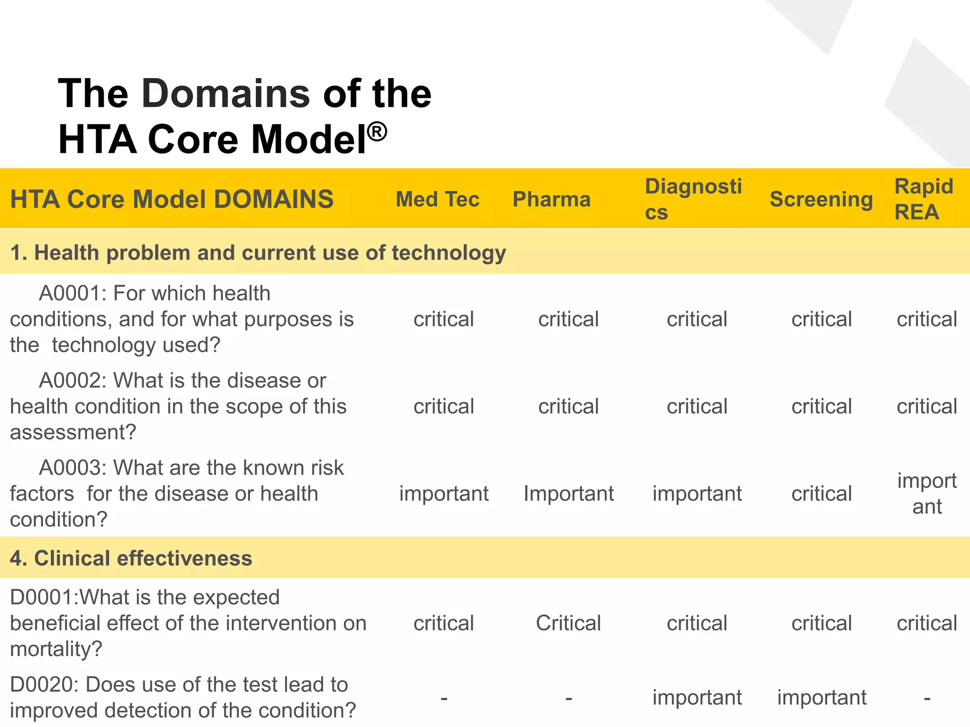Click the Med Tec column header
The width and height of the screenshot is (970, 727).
438,199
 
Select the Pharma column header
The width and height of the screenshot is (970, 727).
552,199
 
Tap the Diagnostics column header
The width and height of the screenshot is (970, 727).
693,199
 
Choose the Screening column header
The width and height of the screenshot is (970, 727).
821,199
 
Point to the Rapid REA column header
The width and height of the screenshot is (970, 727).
924,199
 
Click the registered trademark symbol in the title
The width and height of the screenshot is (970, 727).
377,132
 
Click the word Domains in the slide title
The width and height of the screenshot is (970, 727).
225,93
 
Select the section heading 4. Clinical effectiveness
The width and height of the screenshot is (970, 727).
131,558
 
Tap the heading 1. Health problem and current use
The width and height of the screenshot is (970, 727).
258,253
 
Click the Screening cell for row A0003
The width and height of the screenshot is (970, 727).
822,494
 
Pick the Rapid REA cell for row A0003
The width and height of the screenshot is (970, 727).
927,494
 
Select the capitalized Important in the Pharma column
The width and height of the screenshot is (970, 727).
568,494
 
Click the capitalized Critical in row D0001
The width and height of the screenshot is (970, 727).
568,623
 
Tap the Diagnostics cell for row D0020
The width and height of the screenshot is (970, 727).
697,697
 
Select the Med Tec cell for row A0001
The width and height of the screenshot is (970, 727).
444,319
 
